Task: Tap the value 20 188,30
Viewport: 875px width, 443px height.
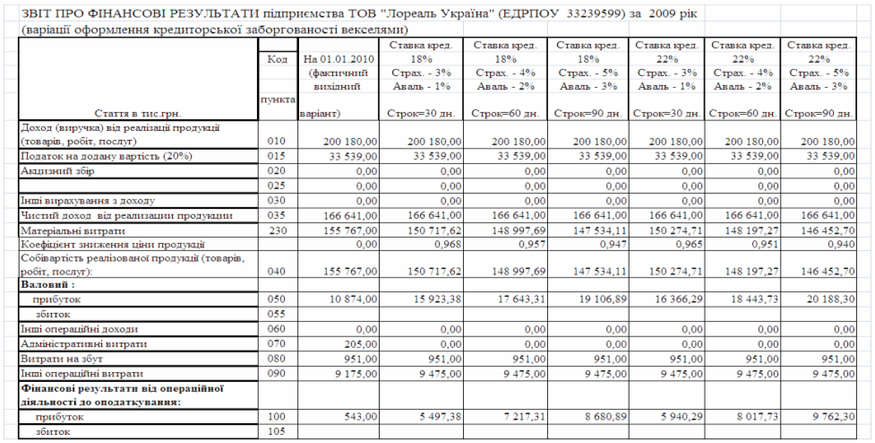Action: (828, 296)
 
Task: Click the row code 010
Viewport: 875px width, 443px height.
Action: (276, 142)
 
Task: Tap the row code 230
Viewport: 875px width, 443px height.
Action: (276, 230)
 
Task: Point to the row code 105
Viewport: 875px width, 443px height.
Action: (276, 432)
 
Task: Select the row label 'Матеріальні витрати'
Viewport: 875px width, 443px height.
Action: (70, 230)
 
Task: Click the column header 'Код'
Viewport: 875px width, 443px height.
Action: (276, 59)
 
